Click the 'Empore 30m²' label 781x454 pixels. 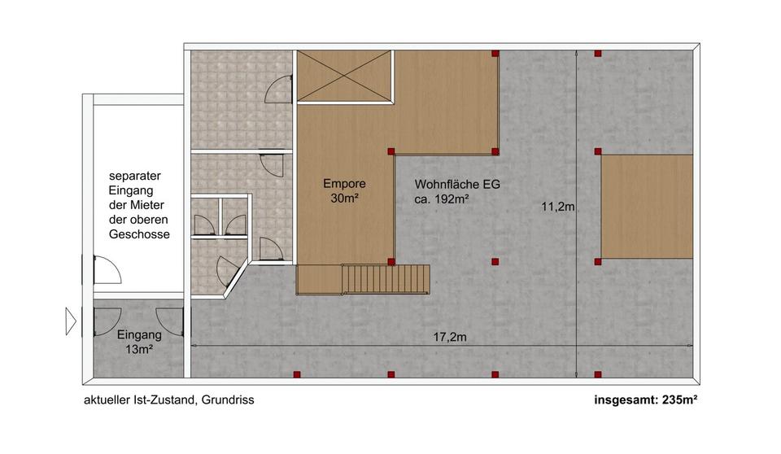[x=344, y=190]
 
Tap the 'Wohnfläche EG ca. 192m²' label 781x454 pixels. [x=456, y=190]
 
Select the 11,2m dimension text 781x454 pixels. [x=558, y=207]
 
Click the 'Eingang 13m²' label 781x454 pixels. [x=139, y=341]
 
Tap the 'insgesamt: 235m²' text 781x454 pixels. [x=647, y=399]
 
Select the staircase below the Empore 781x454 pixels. [x=385, y=279]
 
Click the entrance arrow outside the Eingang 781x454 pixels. [x=71, y=321]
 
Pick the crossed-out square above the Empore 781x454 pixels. [x=343, y=76]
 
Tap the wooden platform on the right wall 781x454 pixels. [x=647, y=207]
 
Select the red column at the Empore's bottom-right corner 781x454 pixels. [x=391, y=262]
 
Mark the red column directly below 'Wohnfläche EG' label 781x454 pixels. [x=495, y=262]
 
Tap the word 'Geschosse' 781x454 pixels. [x=139, y=234]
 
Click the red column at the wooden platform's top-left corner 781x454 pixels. [x=598, y=151]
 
